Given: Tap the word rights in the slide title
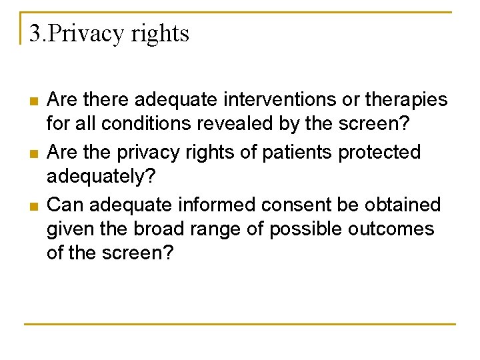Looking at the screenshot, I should pos(161,34).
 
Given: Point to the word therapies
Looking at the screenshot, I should pos(404,101).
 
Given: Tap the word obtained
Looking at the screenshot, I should pos(405,204).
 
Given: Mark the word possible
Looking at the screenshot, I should pos(304,230).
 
